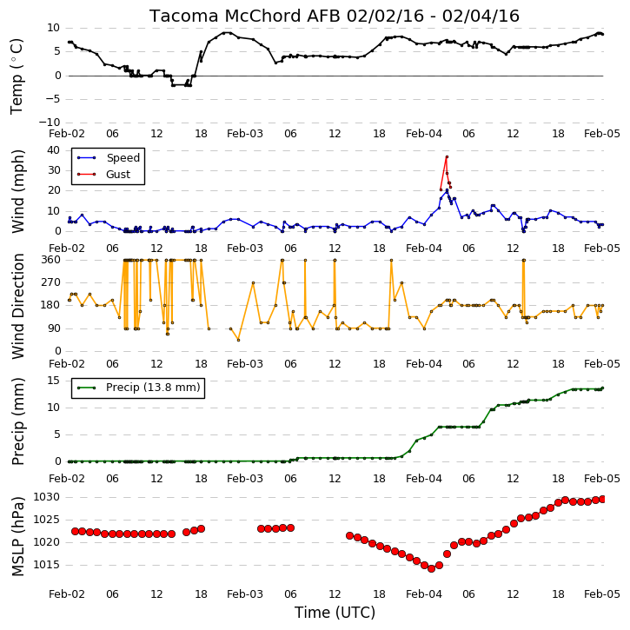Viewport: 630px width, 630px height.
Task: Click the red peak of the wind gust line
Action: [447, 156]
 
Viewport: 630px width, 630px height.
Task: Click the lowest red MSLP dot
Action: [432, 568]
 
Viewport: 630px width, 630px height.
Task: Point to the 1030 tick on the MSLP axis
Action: [46, 497]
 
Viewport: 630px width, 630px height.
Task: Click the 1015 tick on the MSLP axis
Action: [46, 565]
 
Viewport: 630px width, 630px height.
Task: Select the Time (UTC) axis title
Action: [335, 613]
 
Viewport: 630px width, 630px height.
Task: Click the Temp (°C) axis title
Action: [17, 76]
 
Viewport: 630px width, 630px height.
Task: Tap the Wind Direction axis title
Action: [18, 306]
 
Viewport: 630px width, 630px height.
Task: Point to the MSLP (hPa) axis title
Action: [18, 536]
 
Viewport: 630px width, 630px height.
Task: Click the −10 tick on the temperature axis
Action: [49, 123]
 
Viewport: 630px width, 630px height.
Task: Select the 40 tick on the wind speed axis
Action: [53, 150]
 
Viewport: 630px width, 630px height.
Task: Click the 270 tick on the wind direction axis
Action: [50, 282]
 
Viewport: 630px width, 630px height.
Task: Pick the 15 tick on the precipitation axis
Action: [53, 381]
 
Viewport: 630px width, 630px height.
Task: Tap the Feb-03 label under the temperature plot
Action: [245, 134]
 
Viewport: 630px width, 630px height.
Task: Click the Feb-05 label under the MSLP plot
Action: [602, 594]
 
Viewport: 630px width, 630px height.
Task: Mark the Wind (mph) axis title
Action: [18, 191]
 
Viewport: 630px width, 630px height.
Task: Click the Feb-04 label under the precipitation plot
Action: [424, 479]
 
